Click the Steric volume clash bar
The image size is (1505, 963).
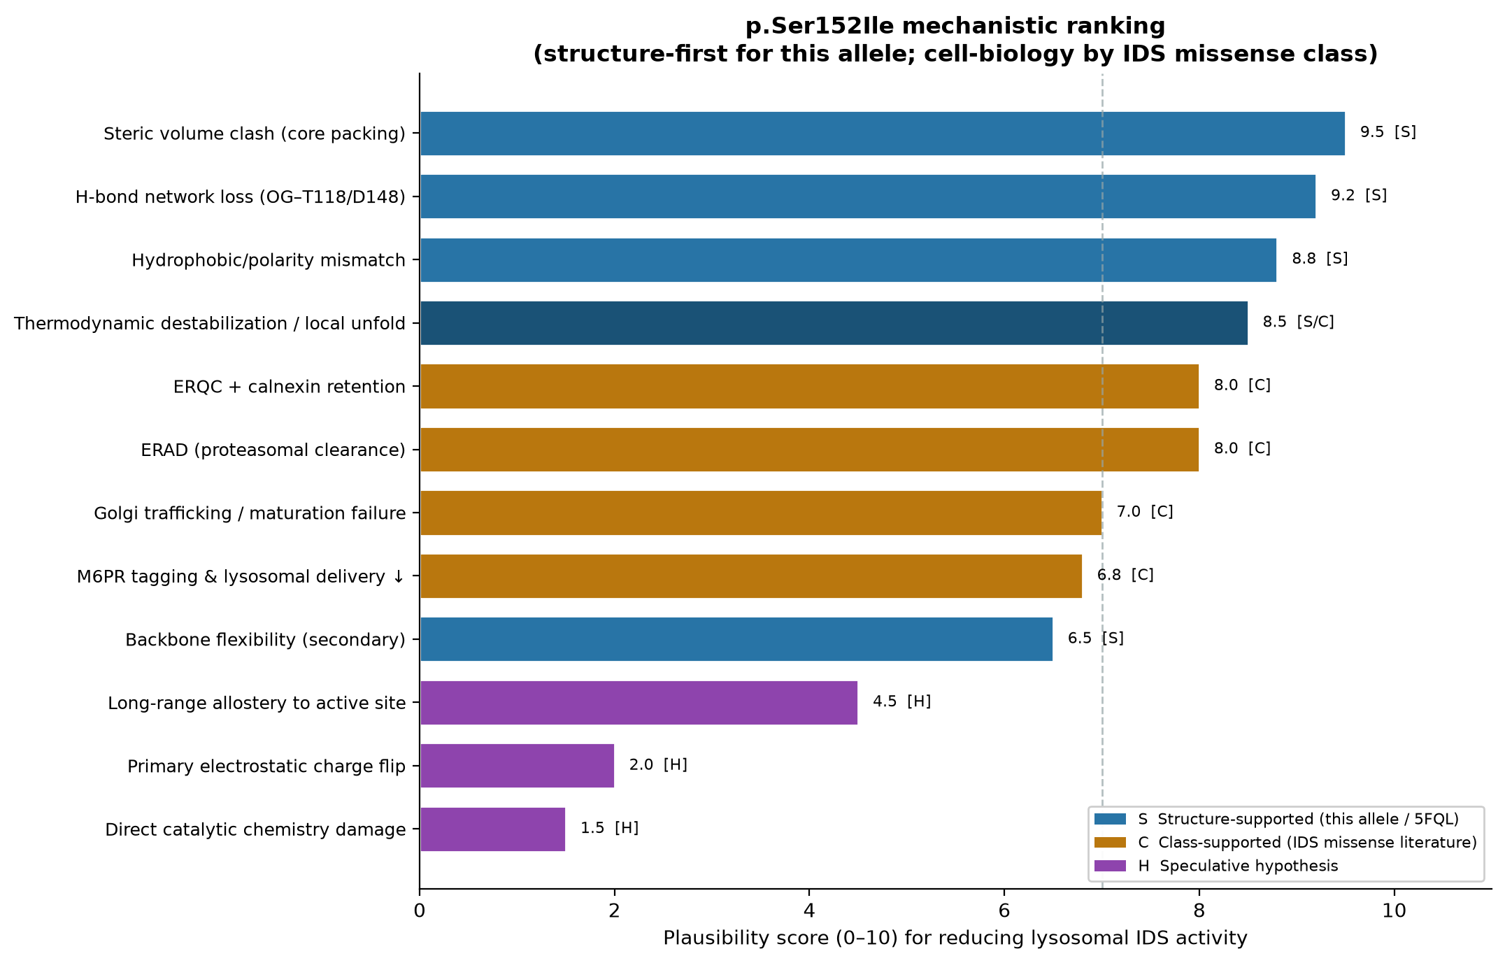[x=882, y=134]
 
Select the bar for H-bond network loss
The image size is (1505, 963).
[x=867, y=197]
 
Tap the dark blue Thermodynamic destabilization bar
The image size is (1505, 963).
[x=834, y=323]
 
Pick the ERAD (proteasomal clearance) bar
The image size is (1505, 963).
[x=809, y=450]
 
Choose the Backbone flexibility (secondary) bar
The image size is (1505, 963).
[x=736, y=639]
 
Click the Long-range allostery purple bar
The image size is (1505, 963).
[x=639, y=703]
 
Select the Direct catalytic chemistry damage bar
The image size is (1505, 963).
[x=492, y=829]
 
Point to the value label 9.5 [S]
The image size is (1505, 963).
[x=1388, y=132]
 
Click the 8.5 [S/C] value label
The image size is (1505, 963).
[x=1298, y=322]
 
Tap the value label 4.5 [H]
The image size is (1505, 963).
[x=901, y=701]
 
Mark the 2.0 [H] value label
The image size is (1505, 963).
[x=658, y=765]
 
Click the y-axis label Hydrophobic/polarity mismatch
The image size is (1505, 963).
[x=269, y=261]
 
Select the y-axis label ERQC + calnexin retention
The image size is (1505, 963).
[x=290, y=387]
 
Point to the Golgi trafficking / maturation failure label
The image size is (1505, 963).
[x=250, y=513]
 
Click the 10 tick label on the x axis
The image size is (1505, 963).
[x=1394, y=911]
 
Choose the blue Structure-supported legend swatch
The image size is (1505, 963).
[x=1110, y=819]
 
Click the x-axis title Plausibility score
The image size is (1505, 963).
[x=955, y=939]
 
